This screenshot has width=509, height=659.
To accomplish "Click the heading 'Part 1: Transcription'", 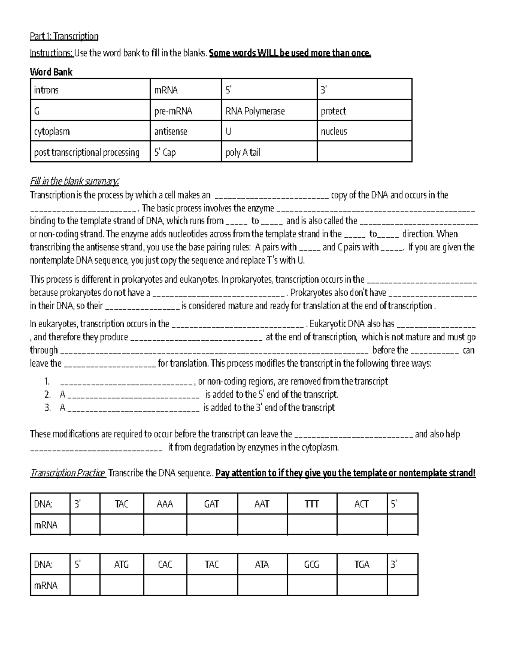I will pos(64,36).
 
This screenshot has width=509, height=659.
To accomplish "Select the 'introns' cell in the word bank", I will pos(90,90).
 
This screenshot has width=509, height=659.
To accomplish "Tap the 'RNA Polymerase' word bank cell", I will pos(269,111).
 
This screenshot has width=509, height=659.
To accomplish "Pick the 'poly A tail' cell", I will pos(269,152).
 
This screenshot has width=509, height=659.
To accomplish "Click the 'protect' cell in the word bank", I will pos(364,111).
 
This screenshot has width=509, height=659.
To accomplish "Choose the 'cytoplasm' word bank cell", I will pos(90,132).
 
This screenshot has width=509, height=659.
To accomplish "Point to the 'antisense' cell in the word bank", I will pos(186,132).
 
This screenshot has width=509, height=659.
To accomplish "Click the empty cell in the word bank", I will pos(364,152).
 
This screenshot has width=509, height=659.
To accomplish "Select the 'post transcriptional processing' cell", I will pos(90,152).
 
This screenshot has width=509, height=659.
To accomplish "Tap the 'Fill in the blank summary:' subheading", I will pos(75,182).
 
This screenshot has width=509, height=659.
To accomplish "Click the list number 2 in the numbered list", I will pos(48,395).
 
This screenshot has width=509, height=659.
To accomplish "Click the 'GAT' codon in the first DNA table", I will pos(212,504).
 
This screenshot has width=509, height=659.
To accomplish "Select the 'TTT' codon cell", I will pos(312,504).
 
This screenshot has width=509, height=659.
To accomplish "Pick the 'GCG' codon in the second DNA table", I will pos(312,565).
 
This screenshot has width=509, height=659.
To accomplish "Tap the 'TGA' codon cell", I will pos(362,565).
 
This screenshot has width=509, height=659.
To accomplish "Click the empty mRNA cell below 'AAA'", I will pos(165,525).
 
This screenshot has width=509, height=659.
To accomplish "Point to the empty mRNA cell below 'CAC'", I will pos(165,586).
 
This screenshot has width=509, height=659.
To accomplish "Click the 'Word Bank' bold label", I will pos(51,72).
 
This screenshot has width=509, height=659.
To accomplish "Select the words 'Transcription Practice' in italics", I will pos(68,473).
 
